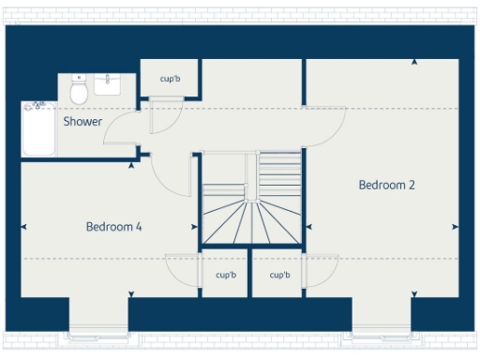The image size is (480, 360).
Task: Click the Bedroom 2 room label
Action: click(x=386, y=185)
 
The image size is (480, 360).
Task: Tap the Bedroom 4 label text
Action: click(x=113, y=226)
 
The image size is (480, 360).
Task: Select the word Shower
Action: click(x=82, y=122)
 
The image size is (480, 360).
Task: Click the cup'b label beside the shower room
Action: click(x=169, y=80)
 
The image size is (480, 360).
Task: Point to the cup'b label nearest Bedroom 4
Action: click(x=225, y=275)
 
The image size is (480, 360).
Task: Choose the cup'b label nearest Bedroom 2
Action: click(x=278, y=275)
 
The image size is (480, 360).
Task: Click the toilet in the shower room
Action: click(x=79, y=91)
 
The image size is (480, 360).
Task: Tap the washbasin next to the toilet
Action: click(x=106, y=86)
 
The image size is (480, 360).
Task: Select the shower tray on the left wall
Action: click(x=38, y=129)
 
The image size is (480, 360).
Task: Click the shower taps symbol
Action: click(x=38, y=105)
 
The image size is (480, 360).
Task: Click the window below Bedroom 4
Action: click(x=98, y=331)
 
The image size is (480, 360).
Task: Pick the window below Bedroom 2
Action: click(x=382, y=331)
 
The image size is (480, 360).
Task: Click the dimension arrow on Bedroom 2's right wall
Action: click(x=455, y=226)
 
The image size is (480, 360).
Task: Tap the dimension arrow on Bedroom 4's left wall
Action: click(x=23, y=226)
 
